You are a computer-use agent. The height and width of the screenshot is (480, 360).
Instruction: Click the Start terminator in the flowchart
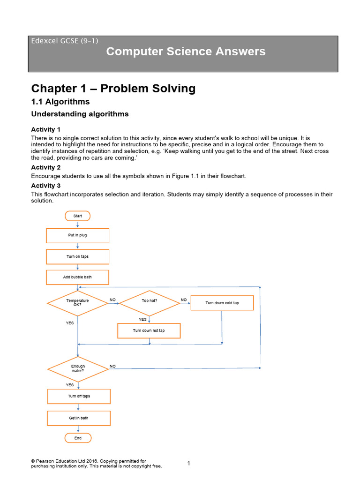[77, 216]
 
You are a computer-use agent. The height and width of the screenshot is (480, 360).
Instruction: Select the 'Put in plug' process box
[77, 235]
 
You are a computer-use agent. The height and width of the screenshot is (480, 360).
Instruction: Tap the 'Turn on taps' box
[77, 256]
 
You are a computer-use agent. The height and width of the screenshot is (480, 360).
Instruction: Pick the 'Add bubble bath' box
[77, 277]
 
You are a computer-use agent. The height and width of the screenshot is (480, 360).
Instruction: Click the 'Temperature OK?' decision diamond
[77, 303]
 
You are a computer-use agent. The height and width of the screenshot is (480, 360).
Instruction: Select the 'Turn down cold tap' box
[222, 303]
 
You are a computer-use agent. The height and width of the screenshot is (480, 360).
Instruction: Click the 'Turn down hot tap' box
[149, 330]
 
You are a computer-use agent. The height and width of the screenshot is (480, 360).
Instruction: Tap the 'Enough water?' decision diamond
[78, 368]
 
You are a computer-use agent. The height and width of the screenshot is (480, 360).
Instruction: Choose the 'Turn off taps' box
[79, 396]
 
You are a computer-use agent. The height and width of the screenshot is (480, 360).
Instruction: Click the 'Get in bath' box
[79, 418]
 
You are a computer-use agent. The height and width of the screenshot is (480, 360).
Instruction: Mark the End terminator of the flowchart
[78, 438]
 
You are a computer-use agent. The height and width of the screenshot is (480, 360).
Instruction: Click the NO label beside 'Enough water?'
[112, 366]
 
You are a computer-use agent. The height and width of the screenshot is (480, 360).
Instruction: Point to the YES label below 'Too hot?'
[142, 319]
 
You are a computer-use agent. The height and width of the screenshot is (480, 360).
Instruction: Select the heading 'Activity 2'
[46, 167]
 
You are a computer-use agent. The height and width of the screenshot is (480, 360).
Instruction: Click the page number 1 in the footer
[188, 463]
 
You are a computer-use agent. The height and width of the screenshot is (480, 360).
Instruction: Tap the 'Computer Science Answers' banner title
[186, 52]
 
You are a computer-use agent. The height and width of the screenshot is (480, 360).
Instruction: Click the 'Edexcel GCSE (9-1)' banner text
[65, 40]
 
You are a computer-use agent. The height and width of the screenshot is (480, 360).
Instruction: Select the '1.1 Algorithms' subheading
[60, 102]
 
